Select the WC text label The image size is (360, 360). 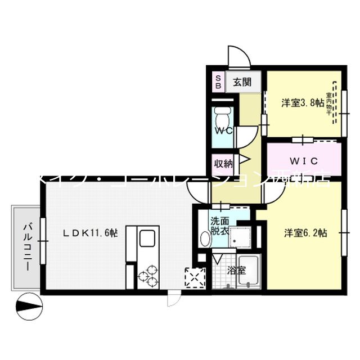223,130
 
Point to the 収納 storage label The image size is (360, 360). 223,164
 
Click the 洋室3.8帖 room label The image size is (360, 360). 302,103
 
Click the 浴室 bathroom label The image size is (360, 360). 236,270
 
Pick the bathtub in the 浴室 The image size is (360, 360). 247,271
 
